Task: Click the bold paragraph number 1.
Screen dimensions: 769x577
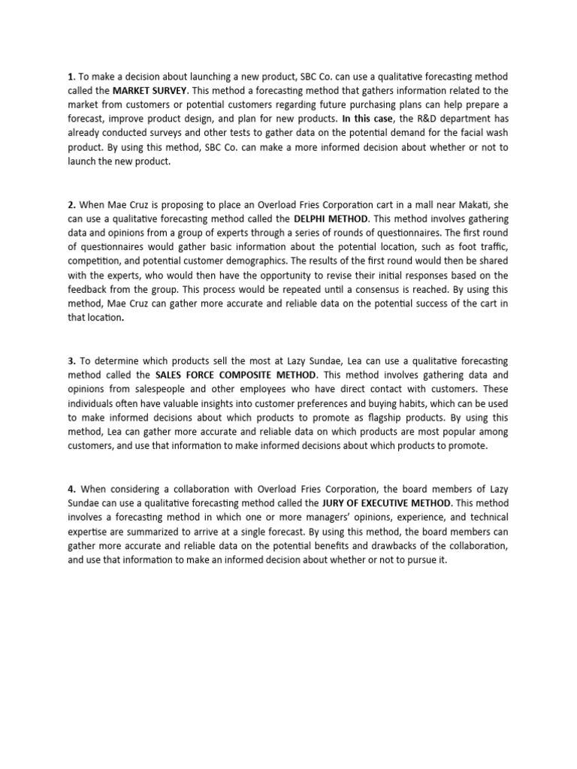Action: pos(71,77)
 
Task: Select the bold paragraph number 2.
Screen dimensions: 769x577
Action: pos(71,204)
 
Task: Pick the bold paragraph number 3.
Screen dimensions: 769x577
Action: pos(71,360)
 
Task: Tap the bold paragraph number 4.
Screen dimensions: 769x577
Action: pos(71,489)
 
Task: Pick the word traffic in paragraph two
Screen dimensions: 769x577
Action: pos(494,247)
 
